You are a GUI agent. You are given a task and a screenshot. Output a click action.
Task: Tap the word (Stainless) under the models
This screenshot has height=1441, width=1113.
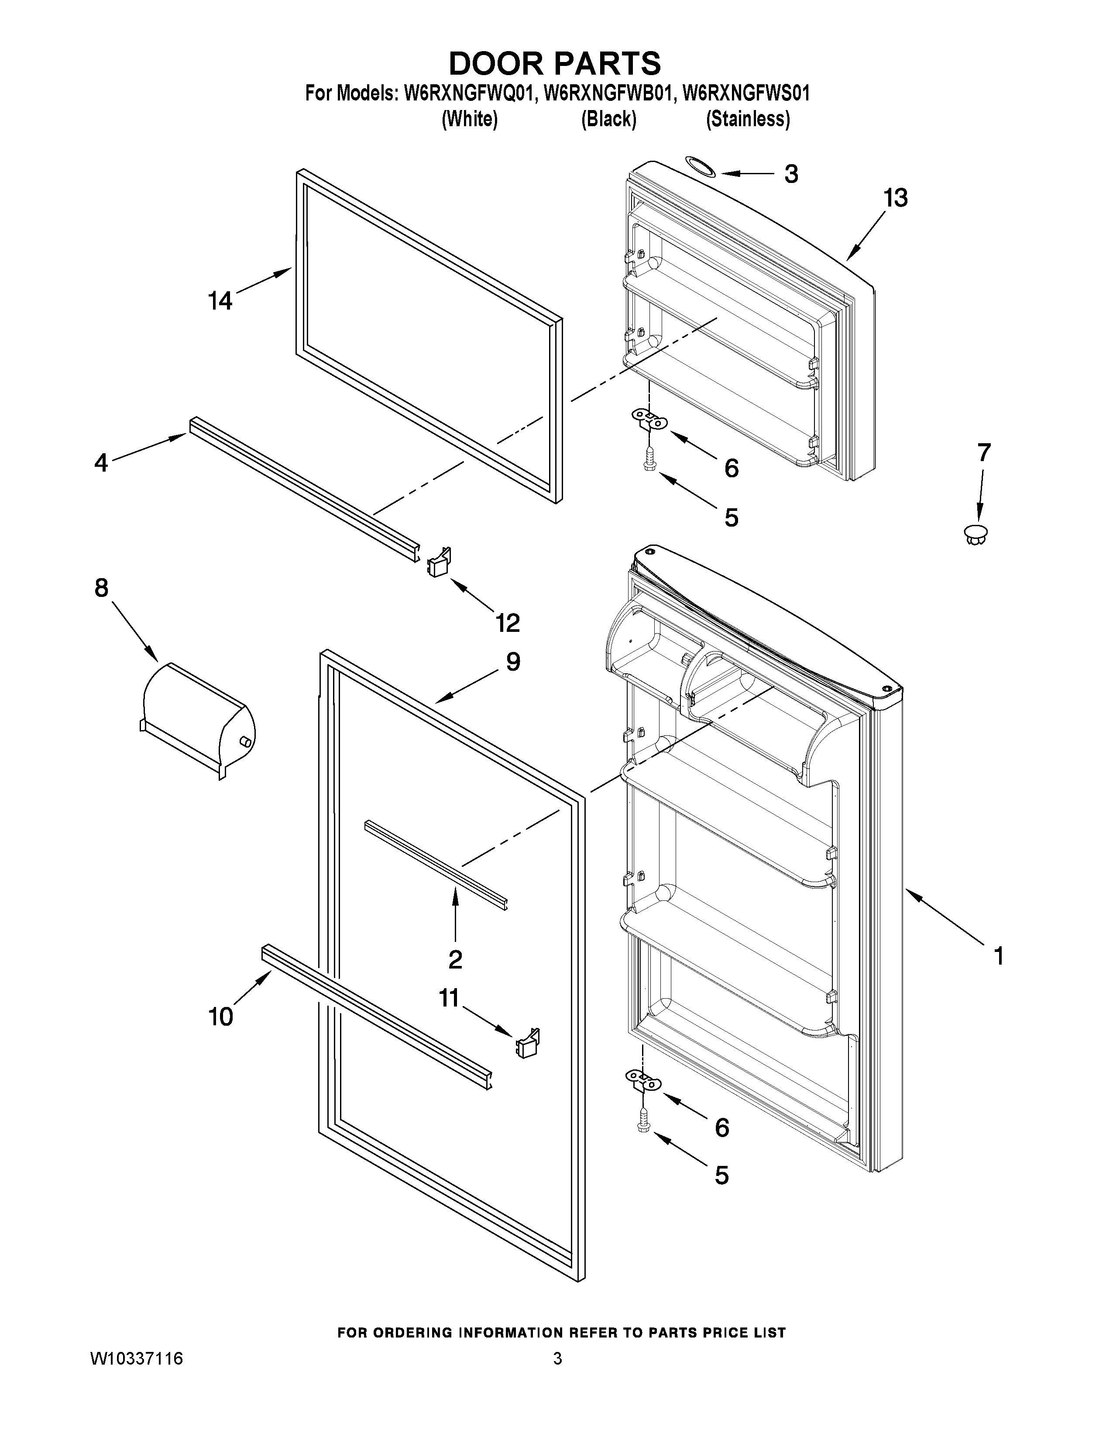(x=747, y=119)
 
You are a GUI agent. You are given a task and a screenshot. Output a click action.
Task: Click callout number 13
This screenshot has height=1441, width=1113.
(x=895, y=197)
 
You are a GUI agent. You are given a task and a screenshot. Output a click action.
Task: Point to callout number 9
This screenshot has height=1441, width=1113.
(x=513, y=662)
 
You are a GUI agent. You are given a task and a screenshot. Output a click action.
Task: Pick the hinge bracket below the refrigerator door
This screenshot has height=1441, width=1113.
(x=642, y=1079)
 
